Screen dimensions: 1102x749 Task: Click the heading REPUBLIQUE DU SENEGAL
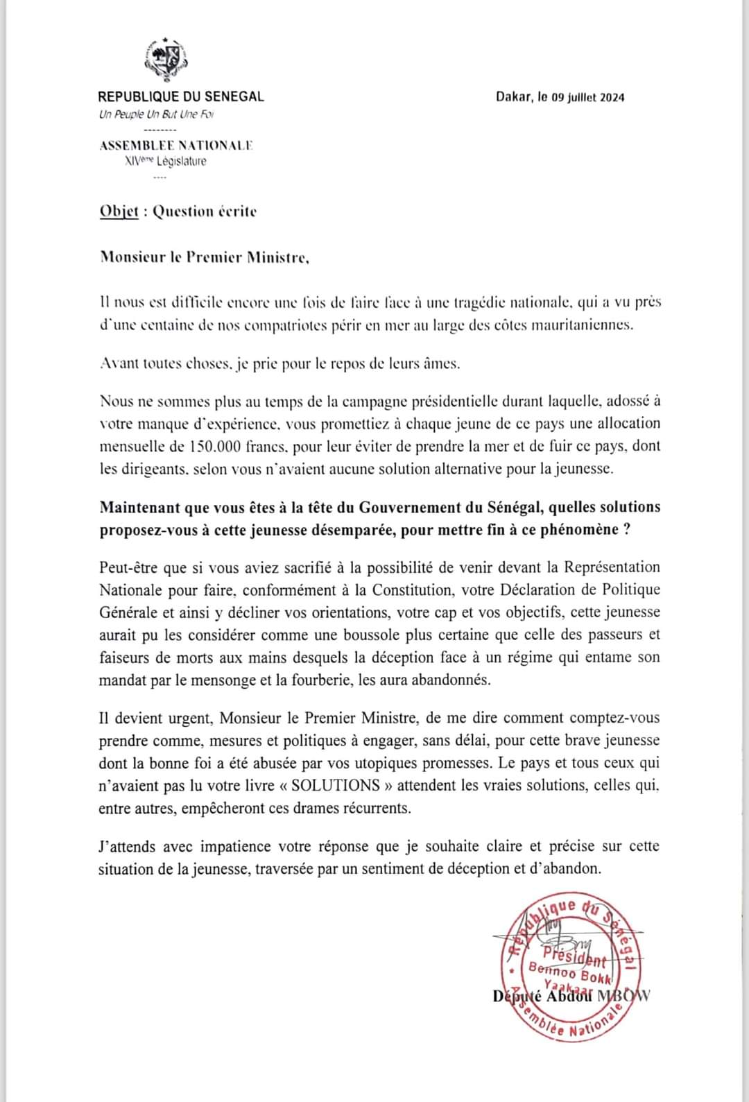(181, 96)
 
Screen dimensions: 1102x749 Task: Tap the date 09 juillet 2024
(588, 97)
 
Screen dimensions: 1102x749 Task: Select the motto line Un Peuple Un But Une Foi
(156, 114)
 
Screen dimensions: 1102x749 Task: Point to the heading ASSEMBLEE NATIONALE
(176, 146)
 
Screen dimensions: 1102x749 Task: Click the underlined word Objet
(119, 212)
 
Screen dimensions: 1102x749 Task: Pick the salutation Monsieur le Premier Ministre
(204, 258)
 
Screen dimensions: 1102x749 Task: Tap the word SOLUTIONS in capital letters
(336, 785)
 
